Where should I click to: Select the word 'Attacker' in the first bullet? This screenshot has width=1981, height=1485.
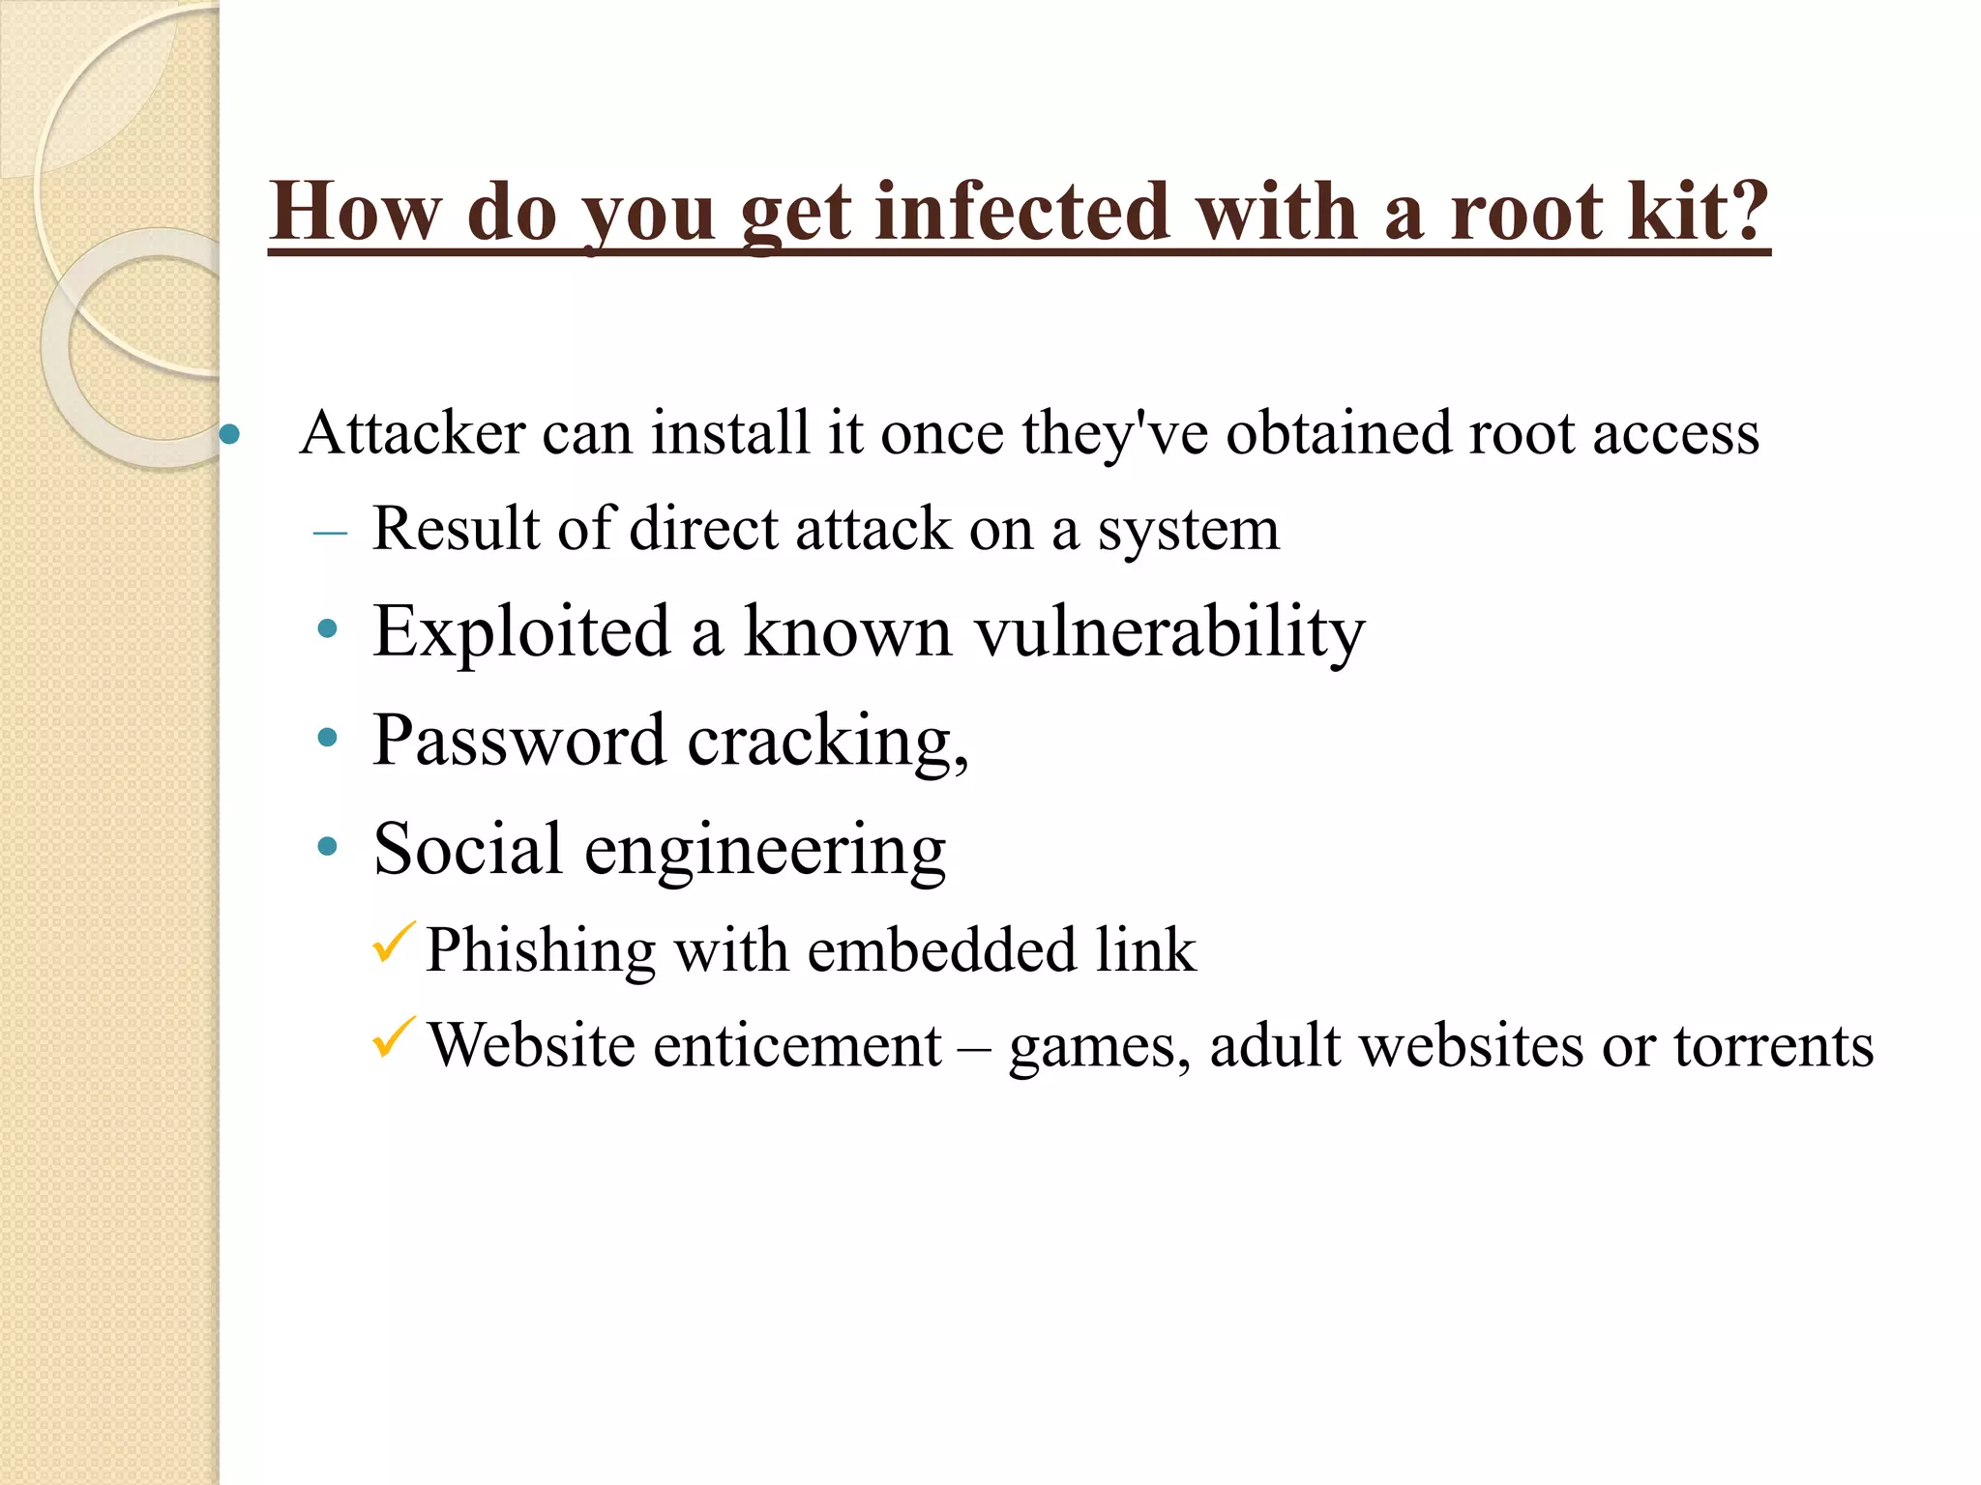(413, 432)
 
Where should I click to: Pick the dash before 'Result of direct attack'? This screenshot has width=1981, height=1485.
(331, 533)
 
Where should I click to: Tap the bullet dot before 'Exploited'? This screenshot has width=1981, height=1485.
(328, 630)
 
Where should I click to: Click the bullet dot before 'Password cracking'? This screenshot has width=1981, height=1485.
(328, 739)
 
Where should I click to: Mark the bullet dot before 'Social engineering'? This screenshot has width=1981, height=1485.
(328, 848)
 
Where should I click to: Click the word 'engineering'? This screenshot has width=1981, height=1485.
(765, 851)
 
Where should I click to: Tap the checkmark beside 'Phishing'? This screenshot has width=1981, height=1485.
(393, 944)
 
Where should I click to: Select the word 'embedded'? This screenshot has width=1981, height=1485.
(941, 949)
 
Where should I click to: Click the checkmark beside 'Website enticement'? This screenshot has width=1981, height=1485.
(393, 1038)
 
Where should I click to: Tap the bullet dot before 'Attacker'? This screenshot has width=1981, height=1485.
(229, 434)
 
